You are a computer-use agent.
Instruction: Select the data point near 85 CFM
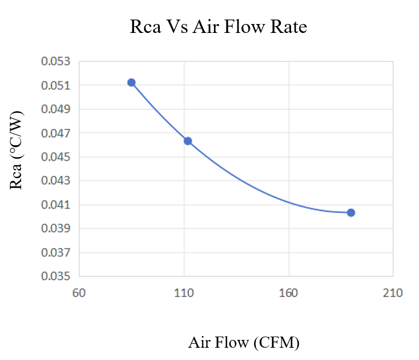pyautogui.click(x=131, y=82)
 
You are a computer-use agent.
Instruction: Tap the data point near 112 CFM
pyautogui.click(x=188, y=141)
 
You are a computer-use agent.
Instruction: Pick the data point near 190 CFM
pyautogui.click(x=351, y=213)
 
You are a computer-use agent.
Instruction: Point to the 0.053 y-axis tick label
pyautogui.click(x=56, y=61)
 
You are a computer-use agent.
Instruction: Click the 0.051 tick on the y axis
pyautogui.click(x=56, y=85)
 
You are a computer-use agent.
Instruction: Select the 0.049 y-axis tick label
pyautogui.click(x=56, y=109)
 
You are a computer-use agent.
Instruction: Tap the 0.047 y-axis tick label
pyautogui.click(x=56, y=133)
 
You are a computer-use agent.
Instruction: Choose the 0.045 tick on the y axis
pyautogui.click(x=56, y=157)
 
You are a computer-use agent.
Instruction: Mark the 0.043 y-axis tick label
pyautogui.click(x=56, y=181)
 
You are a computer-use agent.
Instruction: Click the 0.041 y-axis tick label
pyautogui.click(x=56, y=205)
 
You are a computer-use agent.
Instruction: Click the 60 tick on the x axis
pyautogui.click(x=79, y=292)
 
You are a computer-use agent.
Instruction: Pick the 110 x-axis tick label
pyautogui.click(x=184, y=292)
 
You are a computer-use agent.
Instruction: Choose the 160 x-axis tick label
pyautogui.click(x=288, y=292)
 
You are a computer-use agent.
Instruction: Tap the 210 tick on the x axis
pyautogui.click(x=393, y=292)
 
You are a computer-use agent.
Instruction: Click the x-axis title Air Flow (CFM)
pyautogui.click(x=244, y=342)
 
